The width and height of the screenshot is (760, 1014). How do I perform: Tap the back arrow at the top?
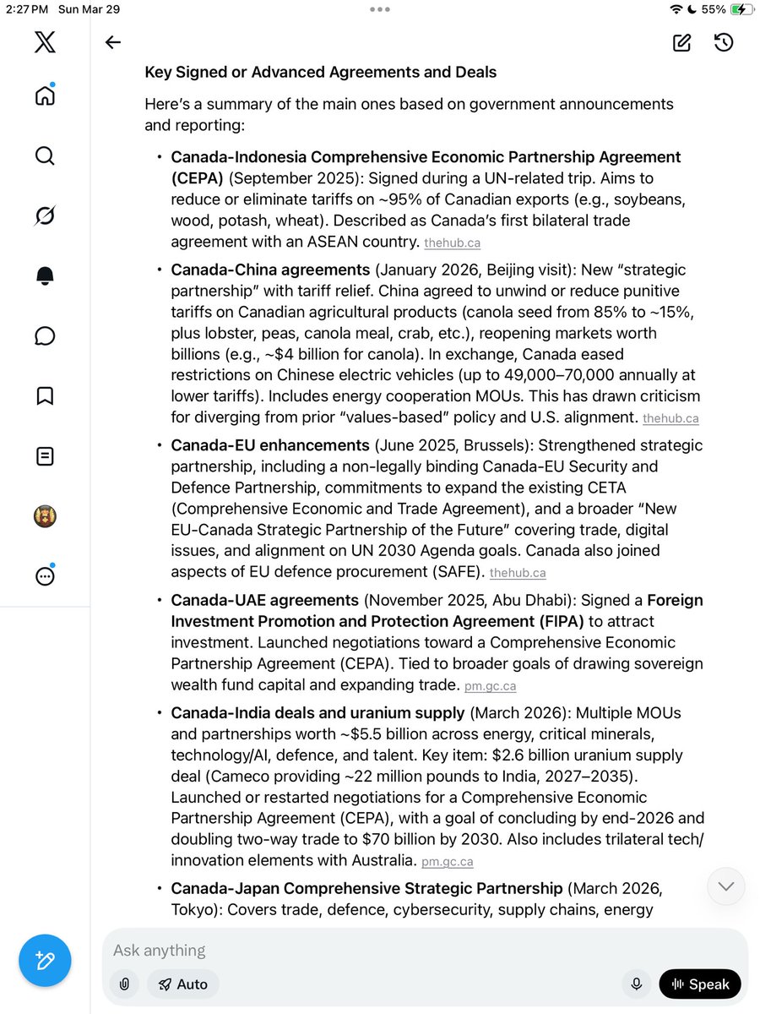pyautogui.click(x=113, y=43)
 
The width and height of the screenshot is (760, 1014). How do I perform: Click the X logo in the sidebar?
pyautogui.click(x=45, y=42)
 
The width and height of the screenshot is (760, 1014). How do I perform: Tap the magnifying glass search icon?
pyautogui.click(x=45, y=155)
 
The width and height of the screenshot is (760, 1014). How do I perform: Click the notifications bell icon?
pyautogui.click(x=45, y=275)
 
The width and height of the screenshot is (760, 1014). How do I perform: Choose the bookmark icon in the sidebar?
pyautogui.click(x=45, y=396)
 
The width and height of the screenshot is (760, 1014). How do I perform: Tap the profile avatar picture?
pyautogui.click(x=45, y=516)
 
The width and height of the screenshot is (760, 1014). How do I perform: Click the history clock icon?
pyautogui.click(x=723, y=42)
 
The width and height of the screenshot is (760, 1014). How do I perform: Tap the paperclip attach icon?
pyautogui.click(x=124, y=984)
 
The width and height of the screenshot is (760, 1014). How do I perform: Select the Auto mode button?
pyautogui.click(x=182, y=984)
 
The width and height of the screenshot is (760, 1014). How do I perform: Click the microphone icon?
pyautogui.click(x=636, y=984)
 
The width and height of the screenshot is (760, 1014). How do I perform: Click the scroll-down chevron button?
pyautogui.click(x=726, y=886)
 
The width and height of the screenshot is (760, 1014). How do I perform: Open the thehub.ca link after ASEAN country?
pyautogui.click(x=452, y=243)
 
